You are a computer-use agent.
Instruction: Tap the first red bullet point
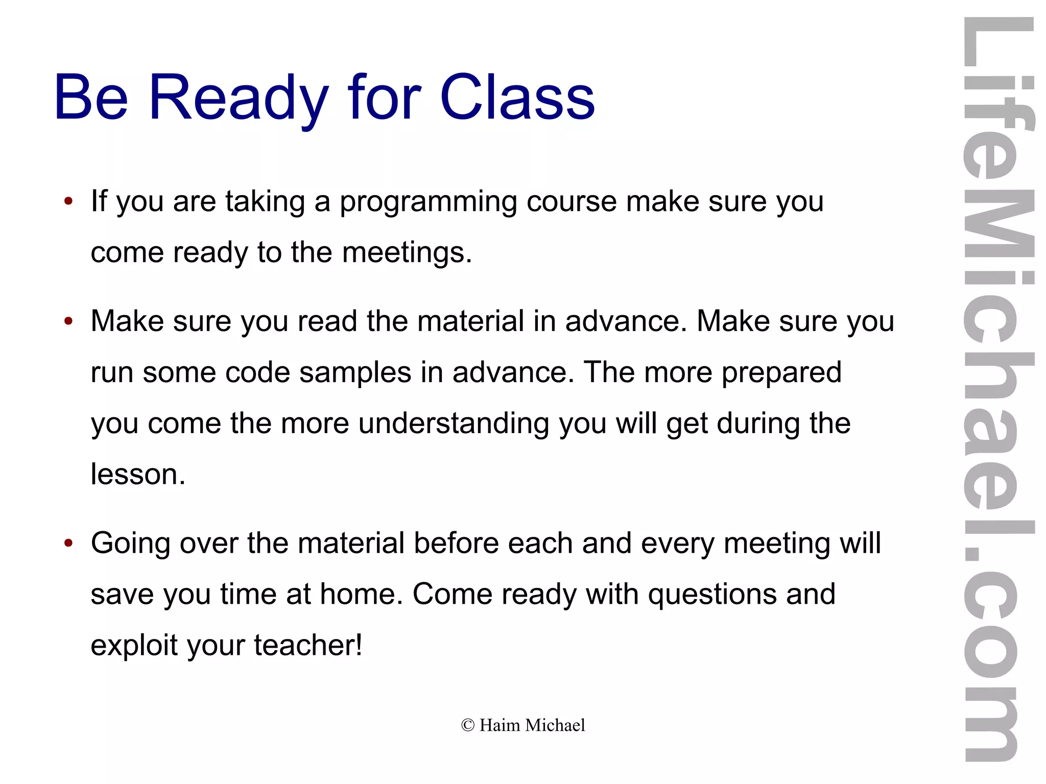[68, 201]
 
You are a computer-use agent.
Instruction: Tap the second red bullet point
[68, 321]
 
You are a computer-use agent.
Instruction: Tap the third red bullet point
[68, 543]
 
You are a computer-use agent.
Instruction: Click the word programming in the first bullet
[428, 202]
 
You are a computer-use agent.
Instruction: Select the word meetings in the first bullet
[407, 252]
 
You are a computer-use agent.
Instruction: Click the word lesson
[138, 474]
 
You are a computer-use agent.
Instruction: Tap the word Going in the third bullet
[130, 543]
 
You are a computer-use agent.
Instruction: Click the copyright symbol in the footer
[467, 725]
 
